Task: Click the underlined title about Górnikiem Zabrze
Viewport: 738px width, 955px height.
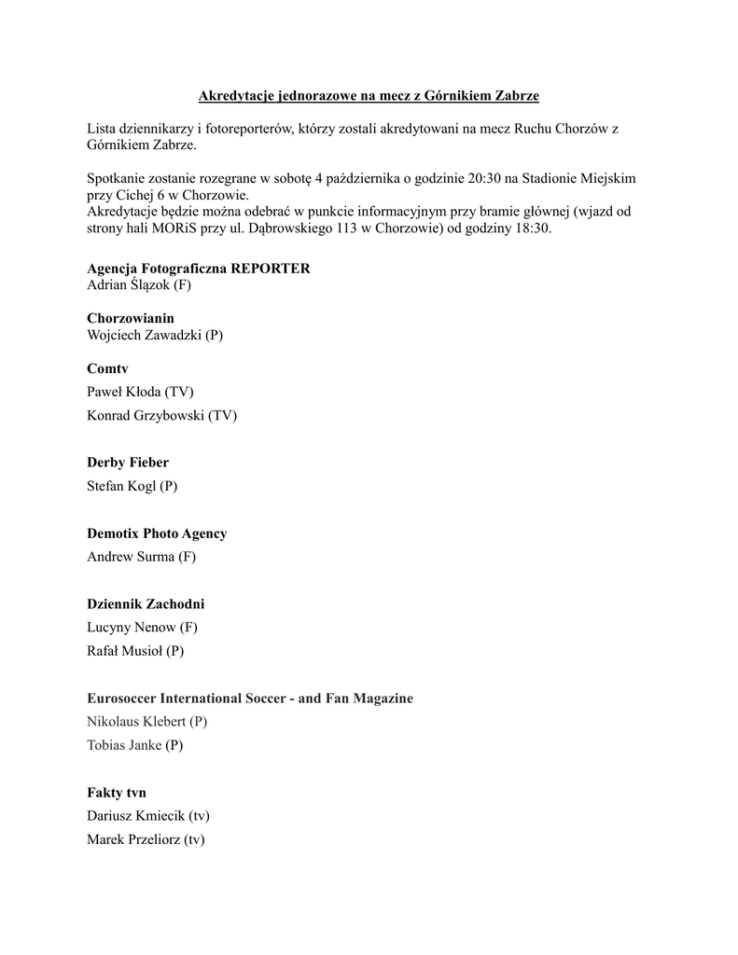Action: click(x=369, y=96)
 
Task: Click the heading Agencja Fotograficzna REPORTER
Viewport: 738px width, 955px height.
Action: click(x=199, y=269)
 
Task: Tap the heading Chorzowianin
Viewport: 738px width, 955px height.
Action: click(x=131, y=318)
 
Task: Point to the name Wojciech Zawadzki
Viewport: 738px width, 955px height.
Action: click(x=145, y=335)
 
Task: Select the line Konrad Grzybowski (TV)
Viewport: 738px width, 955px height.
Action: click(x=161, y=415)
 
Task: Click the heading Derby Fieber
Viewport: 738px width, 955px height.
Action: click(x=128, y=463)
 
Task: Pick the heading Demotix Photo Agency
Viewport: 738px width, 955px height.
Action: click(x=157, y=533)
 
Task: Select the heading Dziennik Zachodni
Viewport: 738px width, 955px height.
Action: click(x=146, y=604)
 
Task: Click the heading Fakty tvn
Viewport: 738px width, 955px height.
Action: click(x=117, y=793)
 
